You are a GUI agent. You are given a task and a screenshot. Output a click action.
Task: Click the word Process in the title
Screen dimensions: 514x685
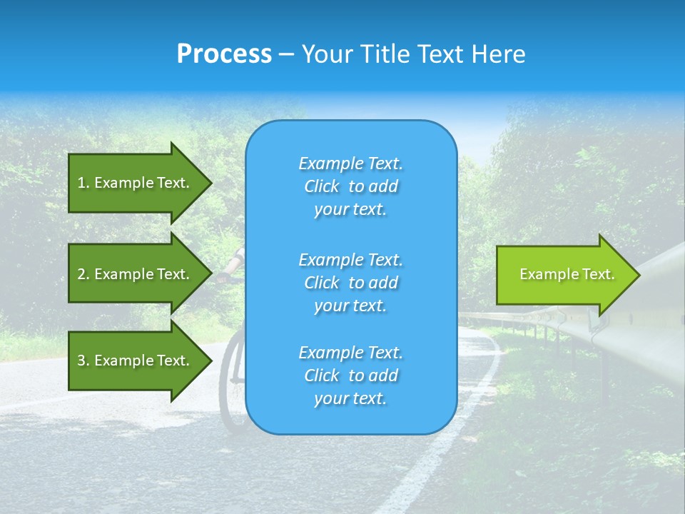pos(224,54)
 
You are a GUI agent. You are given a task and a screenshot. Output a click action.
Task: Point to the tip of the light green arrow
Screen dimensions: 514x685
pos(638,274)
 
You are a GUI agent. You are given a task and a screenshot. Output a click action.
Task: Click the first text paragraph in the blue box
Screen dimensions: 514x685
pos(350,186)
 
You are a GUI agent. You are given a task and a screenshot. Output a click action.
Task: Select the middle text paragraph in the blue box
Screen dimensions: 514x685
pos(350,283)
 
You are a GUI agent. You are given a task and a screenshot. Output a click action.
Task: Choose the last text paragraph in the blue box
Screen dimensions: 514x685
pos(350,376)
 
